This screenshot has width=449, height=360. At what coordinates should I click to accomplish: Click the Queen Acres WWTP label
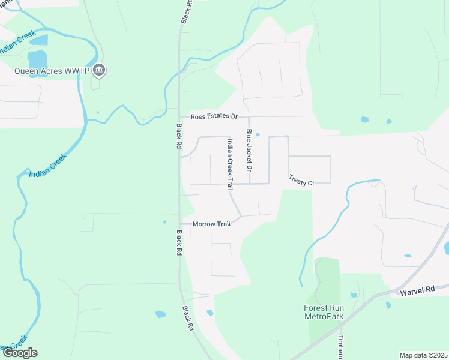click(52, 71)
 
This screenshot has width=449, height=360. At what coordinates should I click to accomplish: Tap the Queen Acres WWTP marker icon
click(100, 71)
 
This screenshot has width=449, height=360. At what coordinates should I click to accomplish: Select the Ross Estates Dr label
click(214, 116)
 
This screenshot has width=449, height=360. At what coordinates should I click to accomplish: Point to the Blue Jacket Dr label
click(247, 149)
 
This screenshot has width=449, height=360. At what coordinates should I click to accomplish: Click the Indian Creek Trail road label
click(229, 165)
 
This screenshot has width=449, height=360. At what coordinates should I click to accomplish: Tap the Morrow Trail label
click(211, 224)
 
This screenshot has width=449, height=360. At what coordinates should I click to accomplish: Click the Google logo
click(20, 353)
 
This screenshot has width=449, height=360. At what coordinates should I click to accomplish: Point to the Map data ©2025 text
click(423, 355)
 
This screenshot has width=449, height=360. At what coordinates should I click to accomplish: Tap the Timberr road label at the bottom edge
click(340, 347)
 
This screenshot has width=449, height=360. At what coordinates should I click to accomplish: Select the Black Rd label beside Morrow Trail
click(179, 244)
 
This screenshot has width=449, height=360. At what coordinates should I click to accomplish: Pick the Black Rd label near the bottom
click(188, 319)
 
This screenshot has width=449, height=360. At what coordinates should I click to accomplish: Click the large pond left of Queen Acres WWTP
click(37, 59)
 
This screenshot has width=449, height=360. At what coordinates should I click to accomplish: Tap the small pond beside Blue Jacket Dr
click(257, 134)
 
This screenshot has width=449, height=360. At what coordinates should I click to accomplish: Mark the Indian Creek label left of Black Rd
click(47, 165)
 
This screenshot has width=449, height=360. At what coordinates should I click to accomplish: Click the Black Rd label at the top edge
click(187, 11)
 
